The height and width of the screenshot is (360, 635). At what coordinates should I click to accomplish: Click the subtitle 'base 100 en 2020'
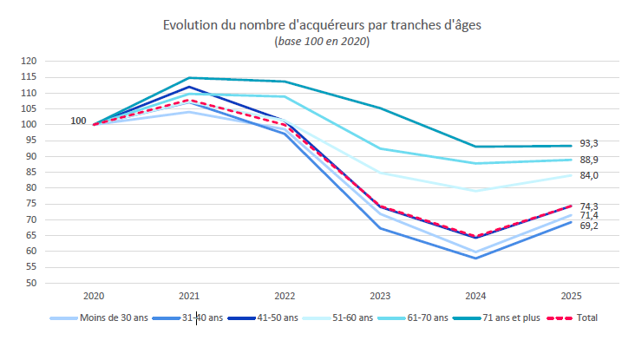click(x=322, y=42)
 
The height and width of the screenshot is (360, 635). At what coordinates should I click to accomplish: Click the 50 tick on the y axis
click(x=30, y=283)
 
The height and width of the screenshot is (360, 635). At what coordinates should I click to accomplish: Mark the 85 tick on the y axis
click(x=30, y=173)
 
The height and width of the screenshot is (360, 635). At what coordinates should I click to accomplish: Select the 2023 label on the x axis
click(x=379, y=296)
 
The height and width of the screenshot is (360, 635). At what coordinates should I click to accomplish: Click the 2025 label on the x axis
click(x=570, y=296)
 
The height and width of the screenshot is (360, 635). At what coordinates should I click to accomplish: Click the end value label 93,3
click(x=589, y=143)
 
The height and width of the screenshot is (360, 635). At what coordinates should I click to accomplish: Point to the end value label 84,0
click(x=589, y=175)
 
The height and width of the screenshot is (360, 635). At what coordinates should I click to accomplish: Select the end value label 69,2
click(x=589, y=226)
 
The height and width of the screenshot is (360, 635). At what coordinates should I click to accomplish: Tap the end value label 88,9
click(x=589, y=160)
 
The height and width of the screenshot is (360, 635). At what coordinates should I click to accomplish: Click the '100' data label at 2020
click(x=78, y=121)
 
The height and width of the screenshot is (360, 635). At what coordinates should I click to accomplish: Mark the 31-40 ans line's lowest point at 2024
click(x=475, y=258)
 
